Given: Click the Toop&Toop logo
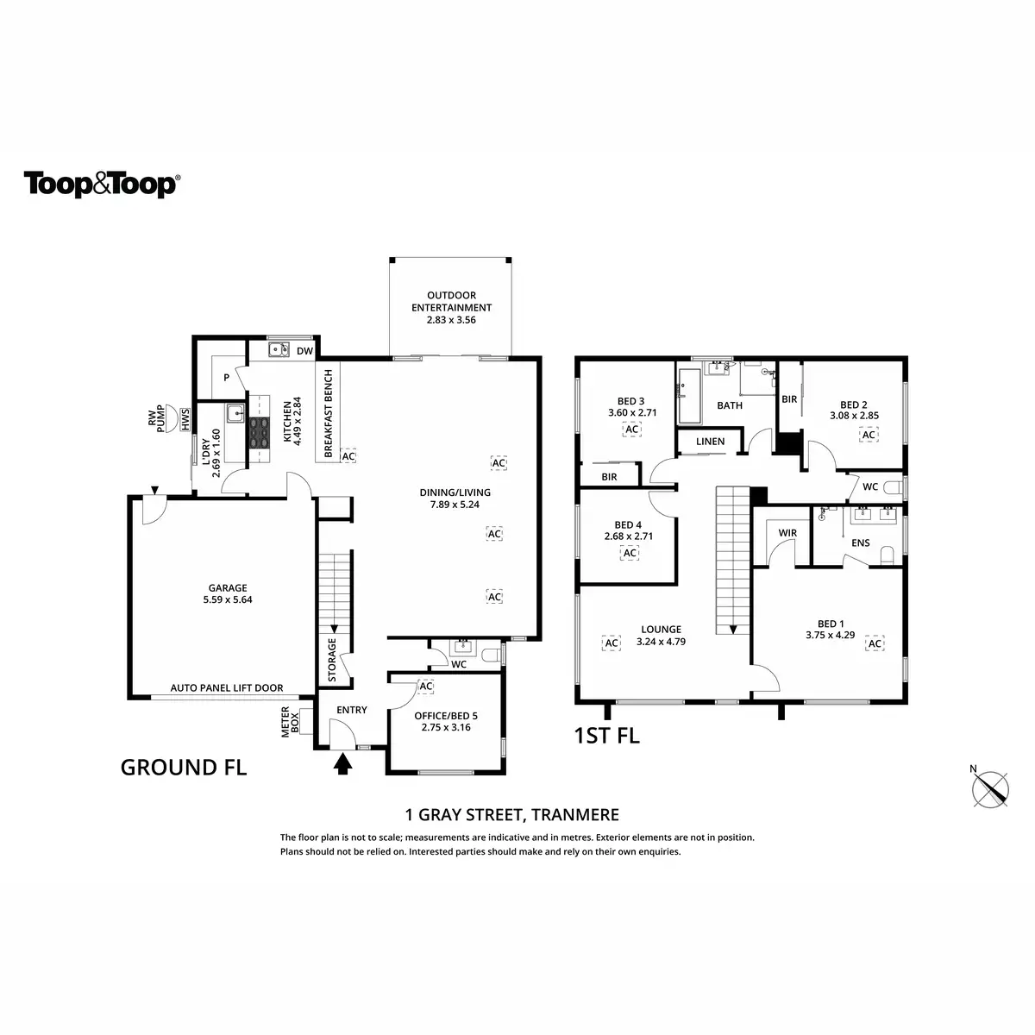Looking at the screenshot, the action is (x=102, y=185).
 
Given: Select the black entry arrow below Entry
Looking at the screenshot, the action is (x=343, y=763).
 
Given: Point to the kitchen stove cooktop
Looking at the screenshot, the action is (x=258, y=431).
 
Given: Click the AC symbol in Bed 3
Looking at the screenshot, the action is (x=631, y=430).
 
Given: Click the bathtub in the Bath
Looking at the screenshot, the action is (x=691, y=396).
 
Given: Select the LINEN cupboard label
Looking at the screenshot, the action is (x=711, y=442).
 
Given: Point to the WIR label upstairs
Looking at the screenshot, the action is (x=787, y=533).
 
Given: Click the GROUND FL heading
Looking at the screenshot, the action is (x=184, y=767).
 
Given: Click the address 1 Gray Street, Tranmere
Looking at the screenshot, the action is (x=512, y=814).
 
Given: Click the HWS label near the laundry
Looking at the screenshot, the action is (x=185, y=420).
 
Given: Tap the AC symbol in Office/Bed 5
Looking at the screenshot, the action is (x=425, y=686).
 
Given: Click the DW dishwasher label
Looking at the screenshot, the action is (x=304, y=351).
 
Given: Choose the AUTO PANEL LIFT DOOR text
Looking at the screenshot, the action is (x=227, y=688).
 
